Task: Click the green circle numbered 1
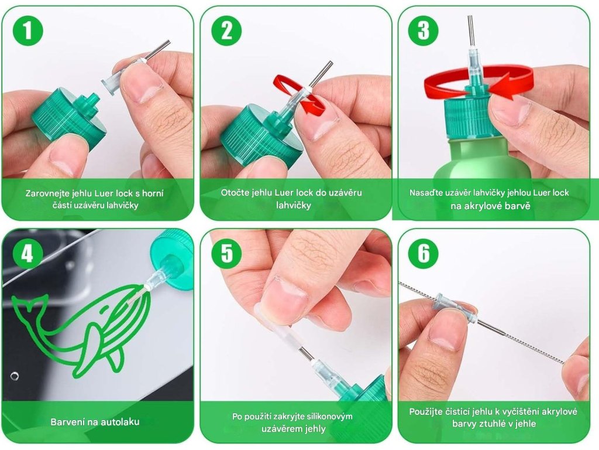coord(28,30)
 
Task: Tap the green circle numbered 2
coord(226,30)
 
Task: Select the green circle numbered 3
coord(424,30)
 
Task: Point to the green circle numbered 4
coord(28,253)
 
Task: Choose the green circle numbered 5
coord(226,253)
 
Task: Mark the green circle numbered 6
coord(424,253)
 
